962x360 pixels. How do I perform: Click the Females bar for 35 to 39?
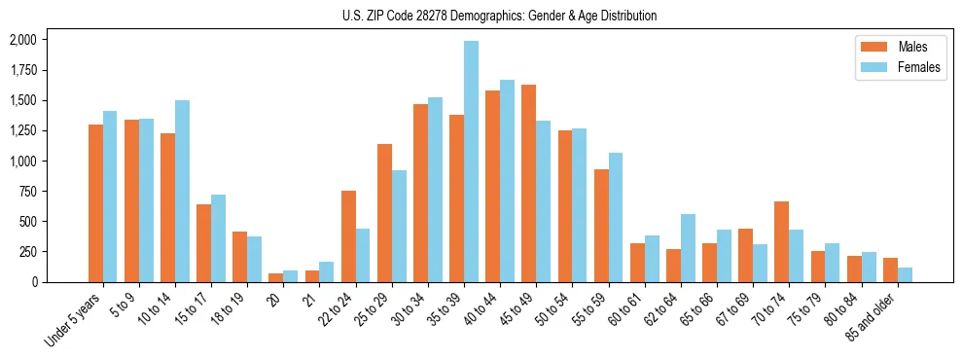click(471, 162)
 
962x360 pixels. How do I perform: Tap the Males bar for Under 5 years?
click(95, 203)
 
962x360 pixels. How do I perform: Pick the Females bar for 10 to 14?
click(182, 191)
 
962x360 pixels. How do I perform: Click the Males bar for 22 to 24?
click(348, 236)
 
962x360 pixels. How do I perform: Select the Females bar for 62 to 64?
click(688, 248)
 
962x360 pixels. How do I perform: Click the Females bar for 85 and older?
click(905, 274)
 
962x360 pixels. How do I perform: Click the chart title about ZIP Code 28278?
click(499, 16)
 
